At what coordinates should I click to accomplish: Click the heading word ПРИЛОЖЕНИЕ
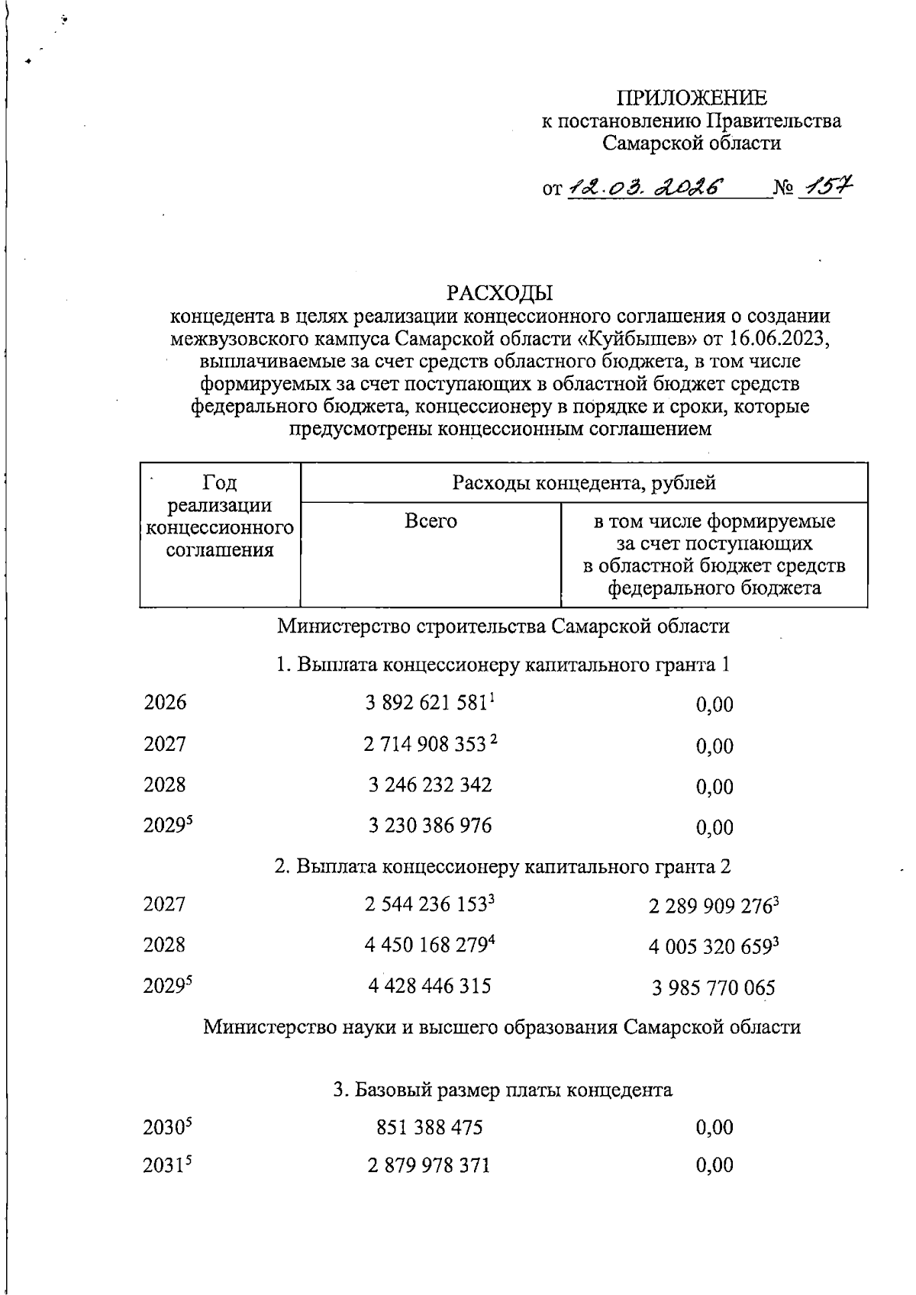pos(692,98)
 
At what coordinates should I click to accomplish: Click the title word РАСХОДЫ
pos(500,293)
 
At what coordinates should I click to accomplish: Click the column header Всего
pos(431,521)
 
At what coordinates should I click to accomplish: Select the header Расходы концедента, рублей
pos(584,482)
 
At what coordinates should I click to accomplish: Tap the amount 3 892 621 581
pos(426,704)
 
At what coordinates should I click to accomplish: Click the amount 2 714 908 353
pos(425,744)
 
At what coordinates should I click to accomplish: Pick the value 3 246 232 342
pos(430,785)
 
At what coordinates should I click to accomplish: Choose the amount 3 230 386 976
pos(430,826)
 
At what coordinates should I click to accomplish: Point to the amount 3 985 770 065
pos(714,988)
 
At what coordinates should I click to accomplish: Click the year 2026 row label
pos(165,703)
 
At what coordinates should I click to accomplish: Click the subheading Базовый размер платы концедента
pos(502,1090)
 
